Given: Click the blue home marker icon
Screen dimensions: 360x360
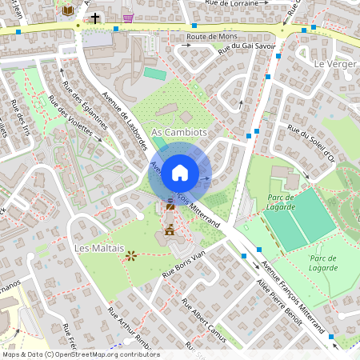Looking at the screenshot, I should [180, 172].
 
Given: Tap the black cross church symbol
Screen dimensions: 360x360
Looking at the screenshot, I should [95, 17].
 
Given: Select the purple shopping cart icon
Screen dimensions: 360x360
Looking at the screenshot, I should [129, 16].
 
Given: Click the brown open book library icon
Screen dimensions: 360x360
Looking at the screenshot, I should [68, 10].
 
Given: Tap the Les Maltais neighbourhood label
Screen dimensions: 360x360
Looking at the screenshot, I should [99, 249].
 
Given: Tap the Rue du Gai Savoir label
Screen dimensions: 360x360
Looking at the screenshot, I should [252, 50].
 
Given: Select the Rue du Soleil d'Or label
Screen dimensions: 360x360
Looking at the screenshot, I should [312, 145].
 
